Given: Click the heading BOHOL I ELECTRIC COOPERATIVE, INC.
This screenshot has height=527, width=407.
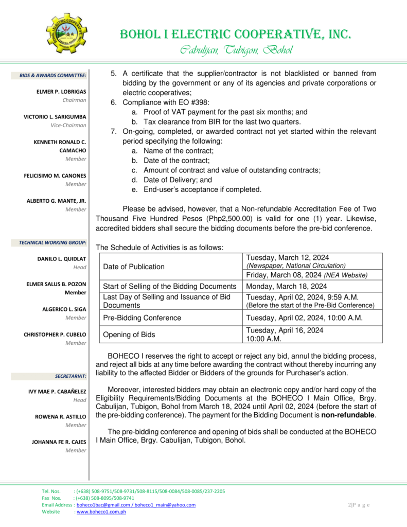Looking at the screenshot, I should coord(236,34).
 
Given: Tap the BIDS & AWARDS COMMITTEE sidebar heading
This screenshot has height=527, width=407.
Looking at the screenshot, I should coord(53,76).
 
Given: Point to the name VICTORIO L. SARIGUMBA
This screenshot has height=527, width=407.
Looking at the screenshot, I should coord(55,117).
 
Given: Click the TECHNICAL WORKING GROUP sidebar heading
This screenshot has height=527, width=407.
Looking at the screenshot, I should coord(52,242).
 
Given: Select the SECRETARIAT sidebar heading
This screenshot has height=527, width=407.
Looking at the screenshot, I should coord(70,376).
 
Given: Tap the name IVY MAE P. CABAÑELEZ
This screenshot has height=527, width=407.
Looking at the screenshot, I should coord(57,392).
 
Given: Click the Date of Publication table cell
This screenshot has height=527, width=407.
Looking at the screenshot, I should coord(134,267).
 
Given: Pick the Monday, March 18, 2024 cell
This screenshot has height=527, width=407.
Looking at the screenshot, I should coord(287,286).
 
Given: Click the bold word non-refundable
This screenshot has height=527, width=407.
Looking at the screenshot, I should coord(348,415).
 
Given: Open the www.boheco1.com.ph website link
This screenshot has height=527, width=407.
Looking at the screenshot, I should coord(101,512).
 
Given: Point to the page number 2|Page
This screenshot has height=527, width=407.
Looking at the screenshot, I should coord(359,505).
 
